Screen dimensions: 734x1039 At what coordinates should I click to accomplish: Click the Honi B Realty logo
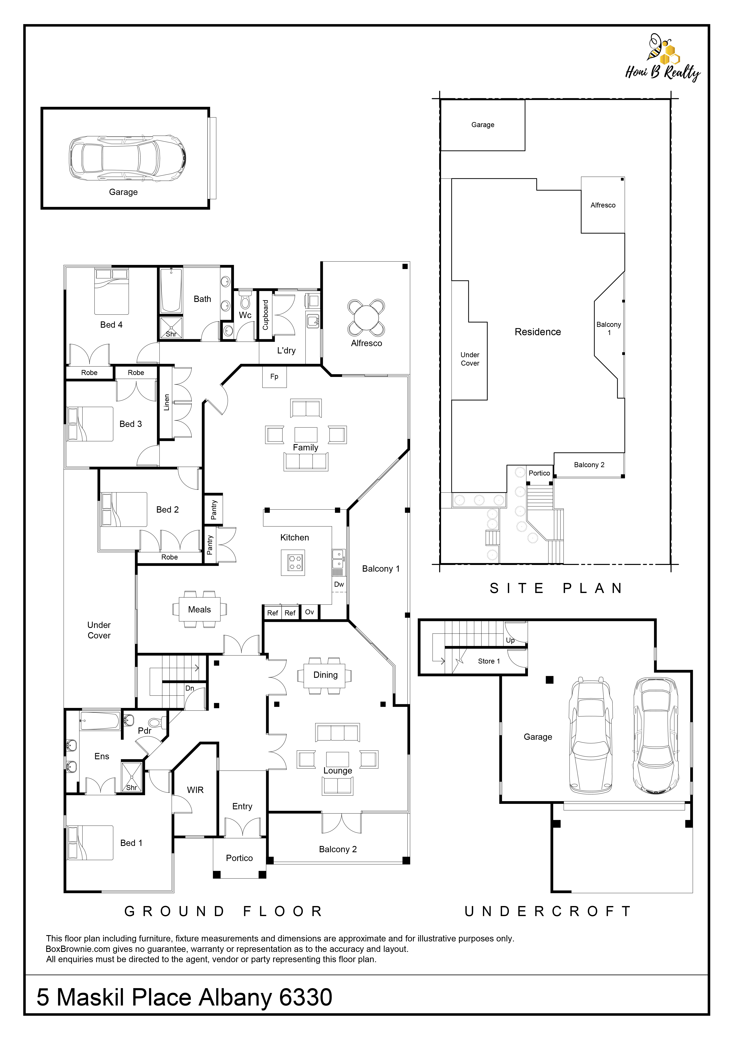[662, 57]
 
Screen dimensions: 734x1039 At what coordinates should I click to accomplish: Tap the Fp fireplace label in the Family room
[274, 376]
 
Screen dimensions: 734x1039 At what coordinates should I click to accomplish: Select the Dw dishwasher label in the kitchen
[339, 584]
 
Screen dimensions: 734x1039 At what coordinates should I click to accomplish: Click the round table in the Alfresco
[366, 317]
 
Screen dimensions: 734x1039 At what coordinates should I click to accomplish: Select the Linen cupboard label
[166, 402]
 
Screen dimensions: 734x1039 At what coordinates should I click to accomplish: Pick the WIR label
[195, 790]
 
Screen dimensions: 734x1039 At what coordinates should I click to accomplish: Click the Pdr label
[145, 730]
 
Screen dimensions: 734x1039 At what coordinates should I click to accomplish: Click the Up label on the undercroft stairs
[510, 640]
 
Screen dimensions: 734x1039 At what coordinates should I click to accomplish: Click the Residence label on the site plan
[538, 332]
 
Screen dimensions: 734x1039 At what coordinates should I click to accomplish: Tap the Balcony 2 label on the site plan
[589, 465]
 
